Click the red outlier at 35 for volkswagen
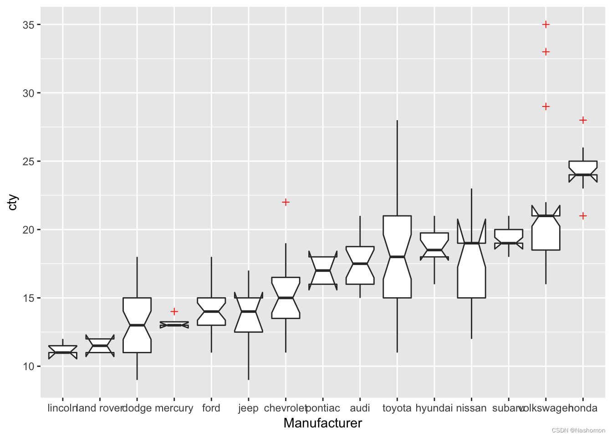point(546,25)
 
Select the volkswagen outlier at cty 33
point(546,52)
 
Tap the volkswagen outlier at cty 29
point(546,107)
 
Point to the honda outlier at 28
point(583,120)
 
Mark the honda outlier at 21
point(583,216)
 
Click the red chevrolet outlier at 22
point(286,202)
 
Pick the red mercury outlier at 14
point(174,311)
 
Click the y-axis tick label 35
point(28,25)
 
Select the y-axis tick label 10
point(28,366)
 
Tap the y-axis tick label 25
point(28,162)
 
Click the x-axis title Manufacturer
point(322,423)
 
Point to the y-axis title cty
point(13,202)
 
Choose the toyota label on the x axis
point(397,408)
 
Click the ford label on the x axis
point(211,408)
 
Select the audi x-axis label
point(360,408)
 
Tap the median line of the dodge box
point(137,325)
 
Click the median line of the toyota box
point(397,257)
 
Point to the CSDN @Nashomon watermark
point(578,431)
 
